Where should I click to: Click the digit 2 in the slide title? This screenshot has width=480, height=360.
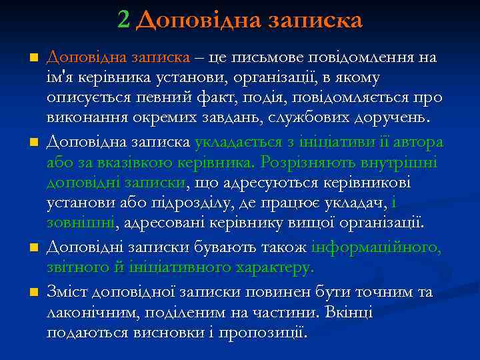pos(123,19)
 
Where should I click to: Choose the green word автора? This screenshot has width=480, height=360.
pos(415,142)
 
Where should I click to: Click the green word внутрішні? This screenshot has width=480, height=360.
pos(405,162)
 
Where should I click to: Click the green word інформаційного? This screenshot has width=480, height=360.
pos(376,247)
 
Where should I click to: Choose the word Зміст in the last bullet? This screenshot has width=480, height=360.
pos(68,293)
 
